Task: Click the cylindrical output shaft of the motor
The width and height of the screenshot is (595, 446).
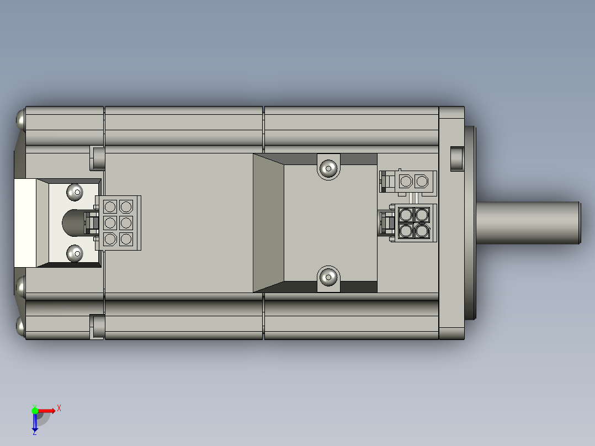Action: click(528, 222)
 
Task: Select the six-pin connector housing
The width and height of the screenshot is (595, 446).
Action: click(118, 223)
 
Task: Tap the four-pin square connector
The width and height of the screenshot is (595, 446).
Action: click(414, 222)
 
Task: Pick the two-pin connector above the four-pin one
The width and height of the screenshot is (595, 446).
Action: click(414, 181)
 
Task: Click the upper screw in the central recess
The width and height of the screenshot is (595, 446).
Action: click(328, 167)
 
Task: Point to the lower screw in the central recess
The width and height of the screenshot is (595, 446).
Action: click(328, 277)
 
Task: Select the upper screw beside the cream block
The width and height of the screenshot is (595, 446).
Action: click(75, 192)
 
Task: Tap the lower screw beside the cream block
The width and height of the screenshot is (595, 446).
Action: click(75, 253)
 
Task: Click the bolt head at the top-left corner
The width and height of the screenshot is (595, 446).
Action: click(20, 119)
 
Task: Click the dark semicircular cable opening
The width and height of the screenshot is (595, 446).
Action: click(72, 222)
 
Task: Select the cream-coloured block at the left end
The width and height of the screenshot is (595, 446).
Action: click(25, 222)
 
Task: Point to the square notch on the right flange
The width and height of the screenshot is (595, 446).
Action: click(458, 157)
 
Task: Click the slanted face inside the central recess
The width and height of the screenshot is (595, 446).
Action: click(268, 222)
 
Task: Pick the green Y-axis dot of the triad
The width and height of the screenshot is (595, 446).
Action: click(35, 410)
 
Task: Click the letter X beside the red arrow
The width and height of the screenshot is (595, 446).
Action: click(59, 408)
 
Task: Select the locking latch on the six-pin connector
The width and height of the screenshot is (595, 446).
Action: click(91, 223)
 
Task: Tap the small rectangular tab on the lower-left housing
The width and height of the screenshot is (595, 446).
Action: click(97, 326)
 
